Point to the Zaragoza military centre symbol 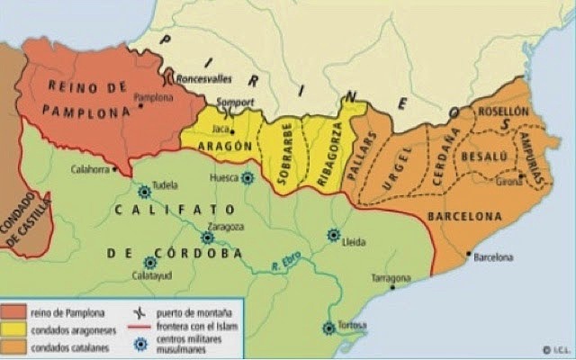(208, 238)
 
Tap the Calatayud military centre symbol (150, 262)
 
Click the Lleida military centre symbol (334, 235)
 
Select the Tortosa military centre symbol (329, 328)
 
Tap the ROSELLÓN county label (507, 111)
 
